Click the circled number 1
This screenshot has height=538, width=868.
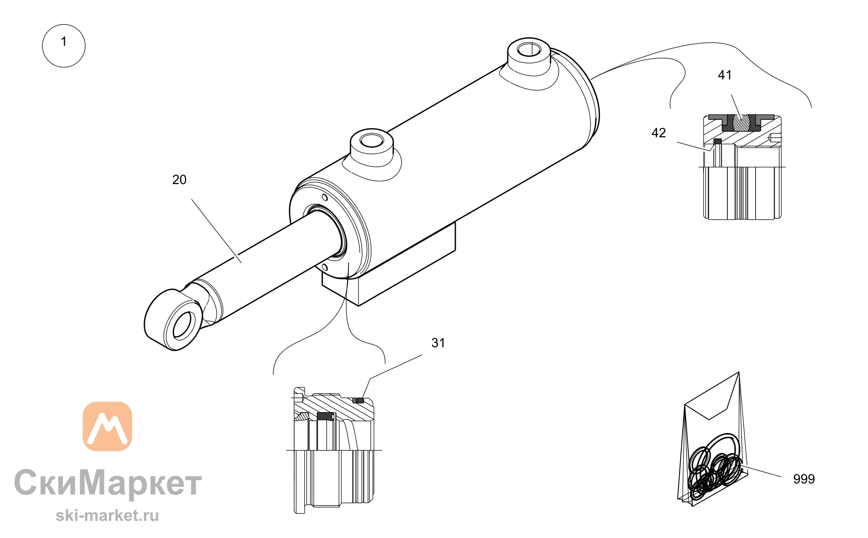pyautogui.click(x=64, y=46)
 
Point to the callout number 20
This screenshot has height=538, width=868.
pyautogui.click(x=179, y=180)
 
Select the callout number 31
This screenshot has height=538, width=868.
pyautogui.click(x=438, y=343)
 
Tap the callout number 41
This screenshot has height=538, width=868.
pyautogui.click(x=724, y=75)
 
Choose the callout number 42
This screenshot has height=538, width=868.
pyautogui.click(x=658, y=133)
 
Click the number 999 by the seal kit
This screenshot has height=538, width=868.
pyautogui.click(x=804, y=479)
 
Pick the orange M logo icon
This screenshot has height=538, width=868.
pyautogui.click(x=107, y=426)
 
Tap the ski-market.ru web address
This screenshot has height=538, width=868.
pyautogui.click(x=107, y=515)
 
